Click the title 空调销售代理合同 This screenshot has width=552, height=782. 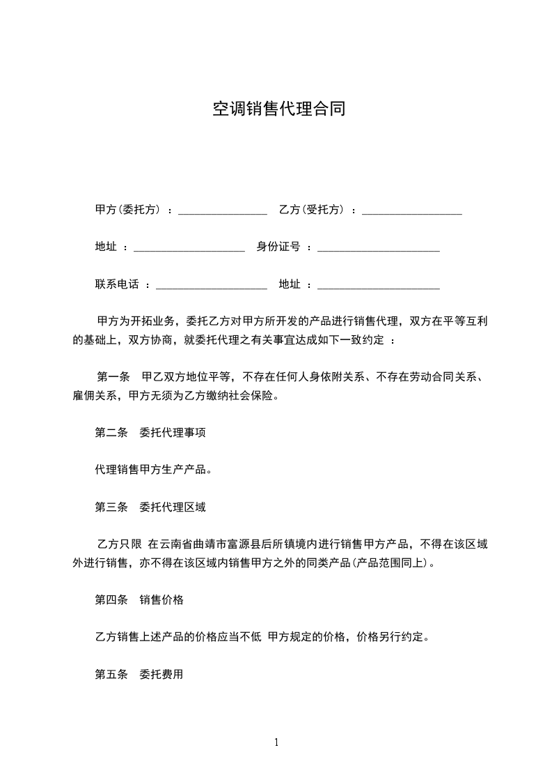tap(278, 109)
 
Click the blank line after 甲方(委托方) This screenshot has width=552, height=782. tap(223, 211)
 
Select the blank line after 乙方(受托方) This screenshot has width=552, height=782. tap(412, 211)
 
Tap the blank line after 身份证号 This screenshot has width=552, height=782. tap(378, 248)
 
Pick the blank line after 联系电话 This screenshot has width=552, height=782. tap(212, 285)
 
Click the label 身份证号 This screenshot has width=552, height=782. tap(278, 246)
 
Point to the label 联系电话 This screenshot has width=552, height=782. tap(117, 284)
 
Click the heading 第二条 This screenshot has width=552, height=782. tap(111, 432)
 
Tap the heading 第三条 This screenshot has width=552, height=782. tap(111, 507)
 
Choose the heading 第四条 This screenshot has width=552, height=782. tap(111, 599)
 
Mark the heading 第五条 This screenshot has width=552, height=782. tap(111, 674)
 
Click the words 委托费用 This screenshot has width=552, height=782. tap(161, 674)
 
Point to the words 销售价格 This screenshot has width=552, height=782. tap(161, 599)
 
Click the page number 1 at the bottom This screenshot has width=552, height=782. tap(276, 742)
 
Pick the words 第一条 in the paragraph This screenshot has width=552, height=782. tap(114, 377)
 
